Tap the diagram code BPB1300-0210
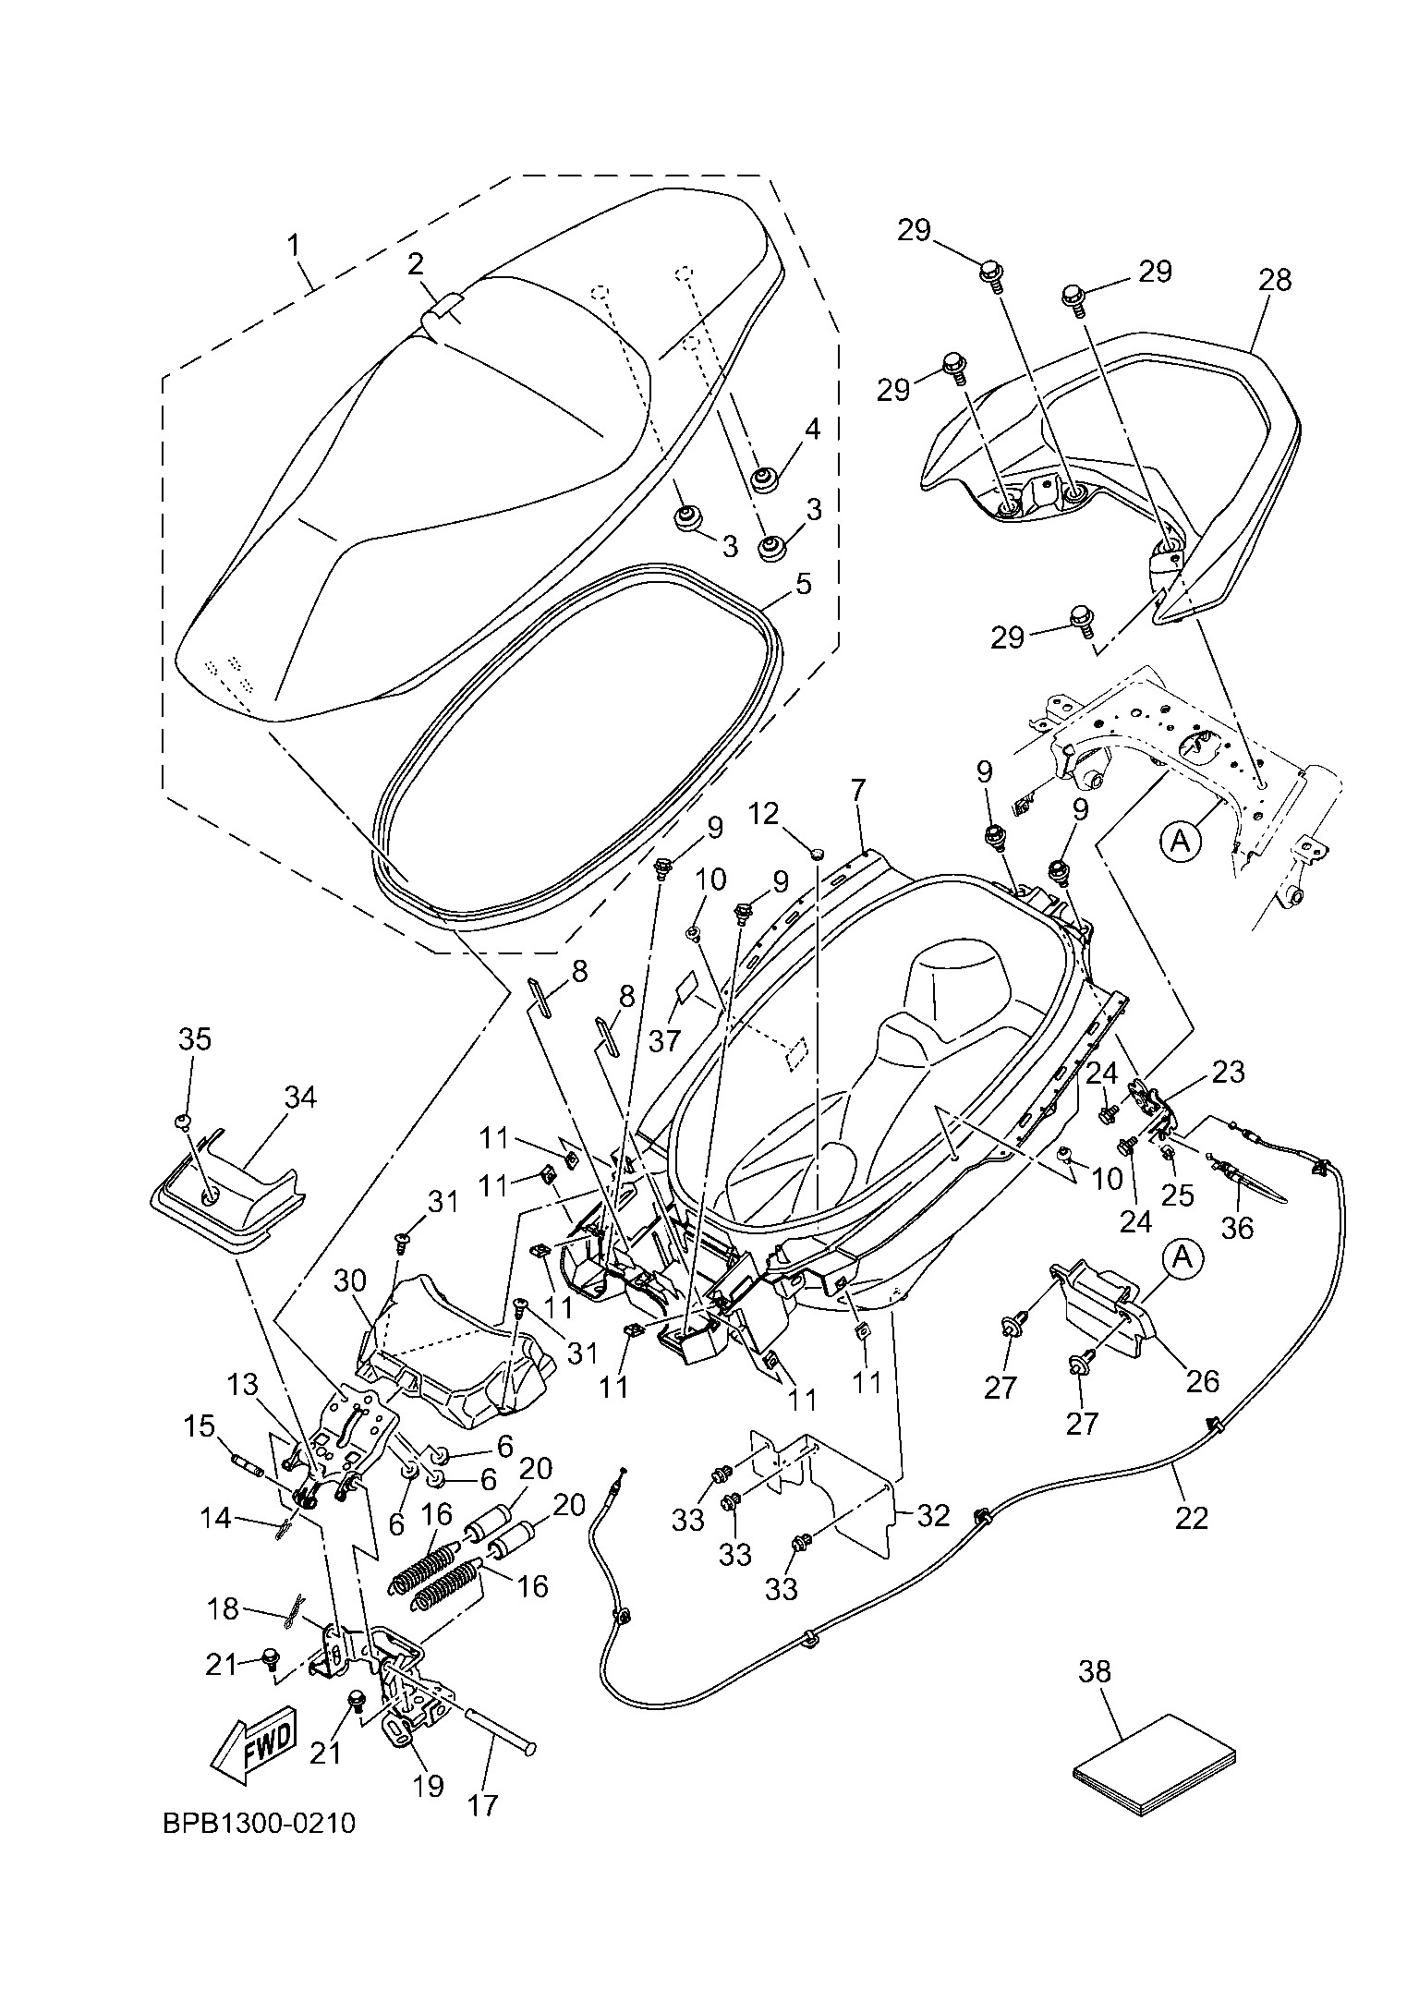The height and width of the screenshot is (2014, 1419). (x=260, y=1824)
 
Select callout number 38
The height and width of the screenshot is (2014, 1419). (x=1095, y=1671)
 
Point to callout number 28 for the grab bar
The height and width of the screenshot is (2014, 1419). (x=1275, y=280)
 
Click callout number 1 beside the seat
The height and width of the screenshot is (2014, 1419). (x=295, y=246)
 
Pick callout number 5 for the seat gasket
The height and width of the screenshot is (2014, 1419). (x=804, y=584)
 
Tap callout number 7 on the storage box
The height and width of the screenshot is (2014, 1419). (x=858, y=790)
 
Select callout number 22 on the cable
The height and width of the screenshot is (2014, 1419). (x=1191, y=1517)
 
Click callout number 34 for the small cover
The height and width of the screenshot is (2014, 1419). (x=300, y=1098)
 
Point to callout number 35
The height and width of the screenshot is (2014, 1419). (x=195, y=1038)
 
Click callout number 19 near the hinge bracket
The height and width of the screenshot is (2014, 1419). (x=429, y=1785)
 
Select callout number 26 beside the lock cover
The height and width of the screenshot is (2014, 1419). (x=1202, y=1381)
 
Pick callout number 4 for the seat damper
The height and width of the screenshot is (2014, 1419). (x=812, y=430)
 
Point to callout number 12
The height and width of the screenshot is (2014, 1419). (x=765, y=814)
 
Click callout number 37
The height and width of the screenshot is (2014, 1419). (x=664, y=1040)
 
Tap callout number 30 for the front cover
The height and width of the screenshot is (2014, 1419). (x=351, y=1280)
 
